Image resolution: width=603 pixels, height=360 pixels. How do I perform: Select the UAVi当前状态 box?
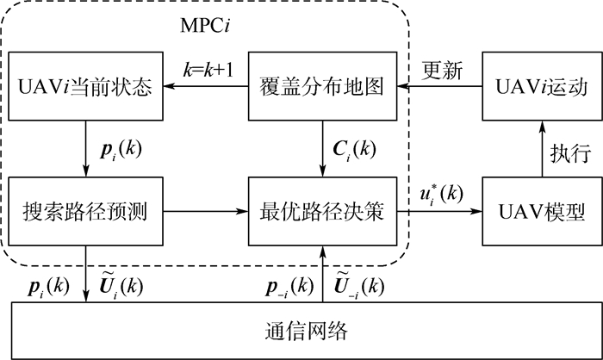pyautogui.click(x=85, y=87)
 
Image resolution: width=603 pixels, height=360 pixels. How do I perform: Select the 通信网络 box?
pyautogui.click(x=307, y=331)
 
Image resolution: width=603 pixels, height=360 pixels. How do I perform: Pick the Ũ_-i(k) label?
pyautogui.click(x=358, y=282)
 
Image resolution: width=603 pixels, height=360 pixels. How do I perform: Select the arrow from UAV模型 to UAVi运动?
pyautogui.click(x=540, y=148)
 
